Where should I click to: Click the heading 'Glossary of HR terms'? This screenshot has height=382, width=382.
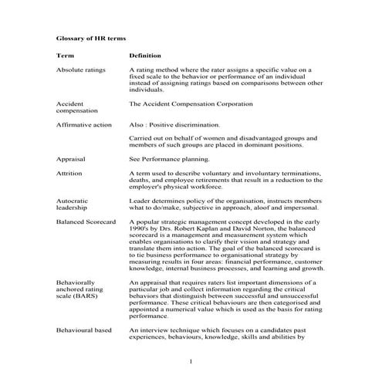(92, 37)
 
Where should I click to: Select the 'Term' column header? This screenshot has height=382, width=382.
(65, 56)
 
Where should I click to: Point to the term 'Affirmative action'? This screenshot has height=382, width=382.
(84, 124)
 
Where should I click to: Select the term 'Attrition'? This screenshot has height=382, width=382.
(69, 174)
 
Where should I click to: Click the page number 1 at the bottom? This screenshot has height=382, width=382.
(191, 360)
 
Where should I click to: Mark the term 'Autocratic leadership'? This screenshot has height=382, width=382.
(72, 204)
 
